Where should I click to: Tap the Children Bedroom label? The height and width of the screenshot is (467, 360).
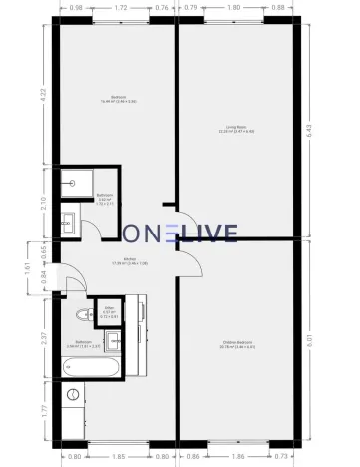(x=237, y=346)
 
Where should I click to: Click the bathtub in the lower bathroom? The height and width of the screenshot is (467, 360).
(x=89, y=368)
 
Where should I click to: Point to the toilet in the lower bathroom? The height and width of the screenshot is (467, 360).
(x=79, y=317)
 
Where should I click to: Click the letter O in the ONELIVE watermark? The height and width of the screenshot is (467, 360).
(x=132, y=234)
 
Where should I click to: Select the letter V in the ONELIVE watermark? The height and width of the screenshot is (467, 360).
(x=211, y=234)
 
